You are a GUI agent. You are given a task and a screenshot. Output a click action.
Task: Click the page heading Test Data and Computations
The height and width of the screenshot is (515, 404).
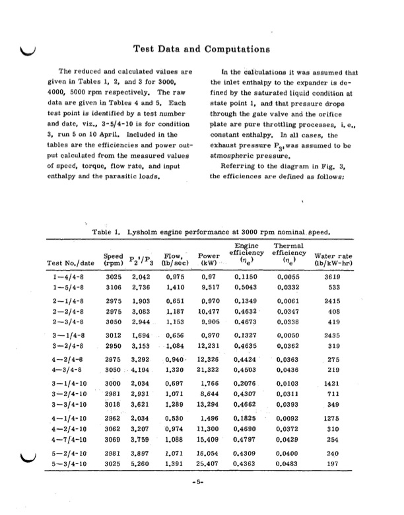[x=202, y=49]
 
